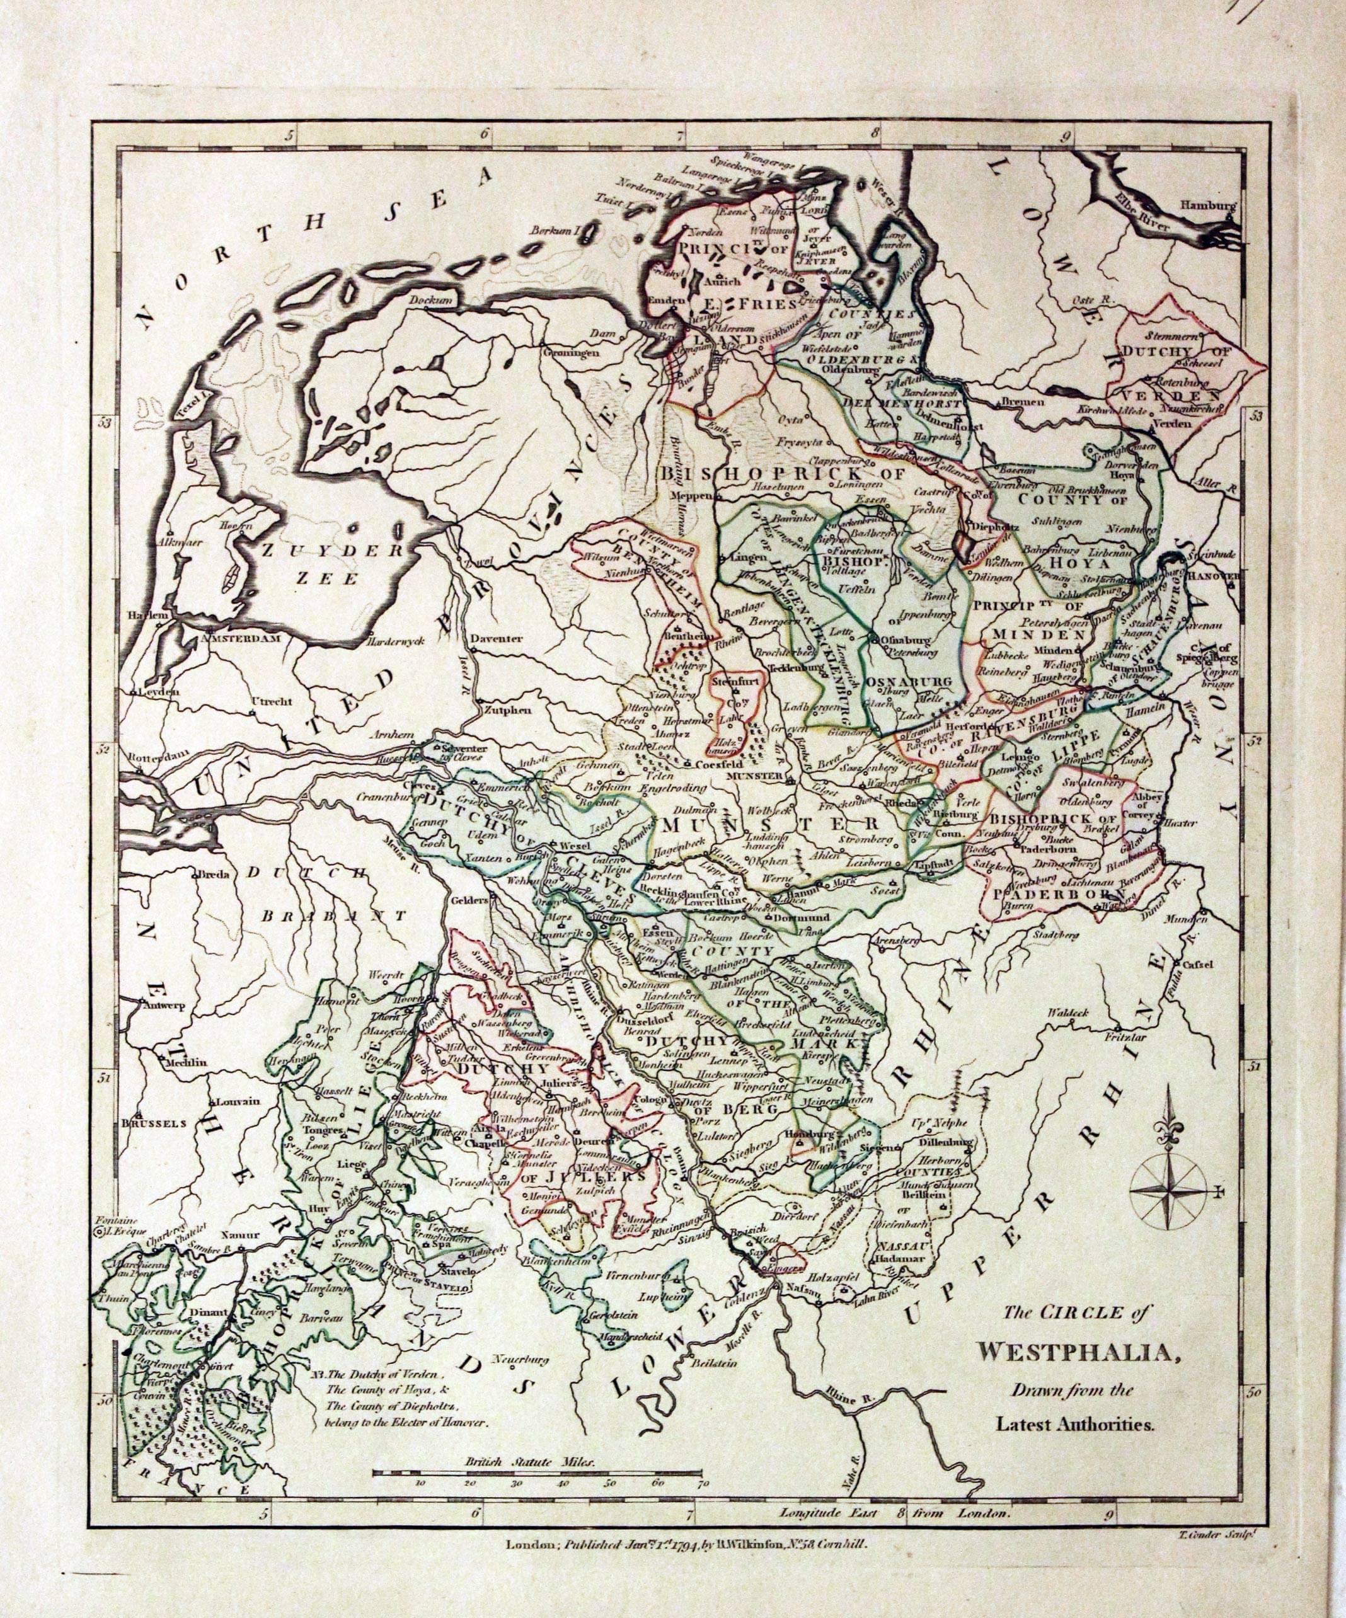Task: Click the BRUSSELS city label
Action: [155, 1123]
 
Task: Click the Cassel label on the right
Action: [1204, 965]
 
